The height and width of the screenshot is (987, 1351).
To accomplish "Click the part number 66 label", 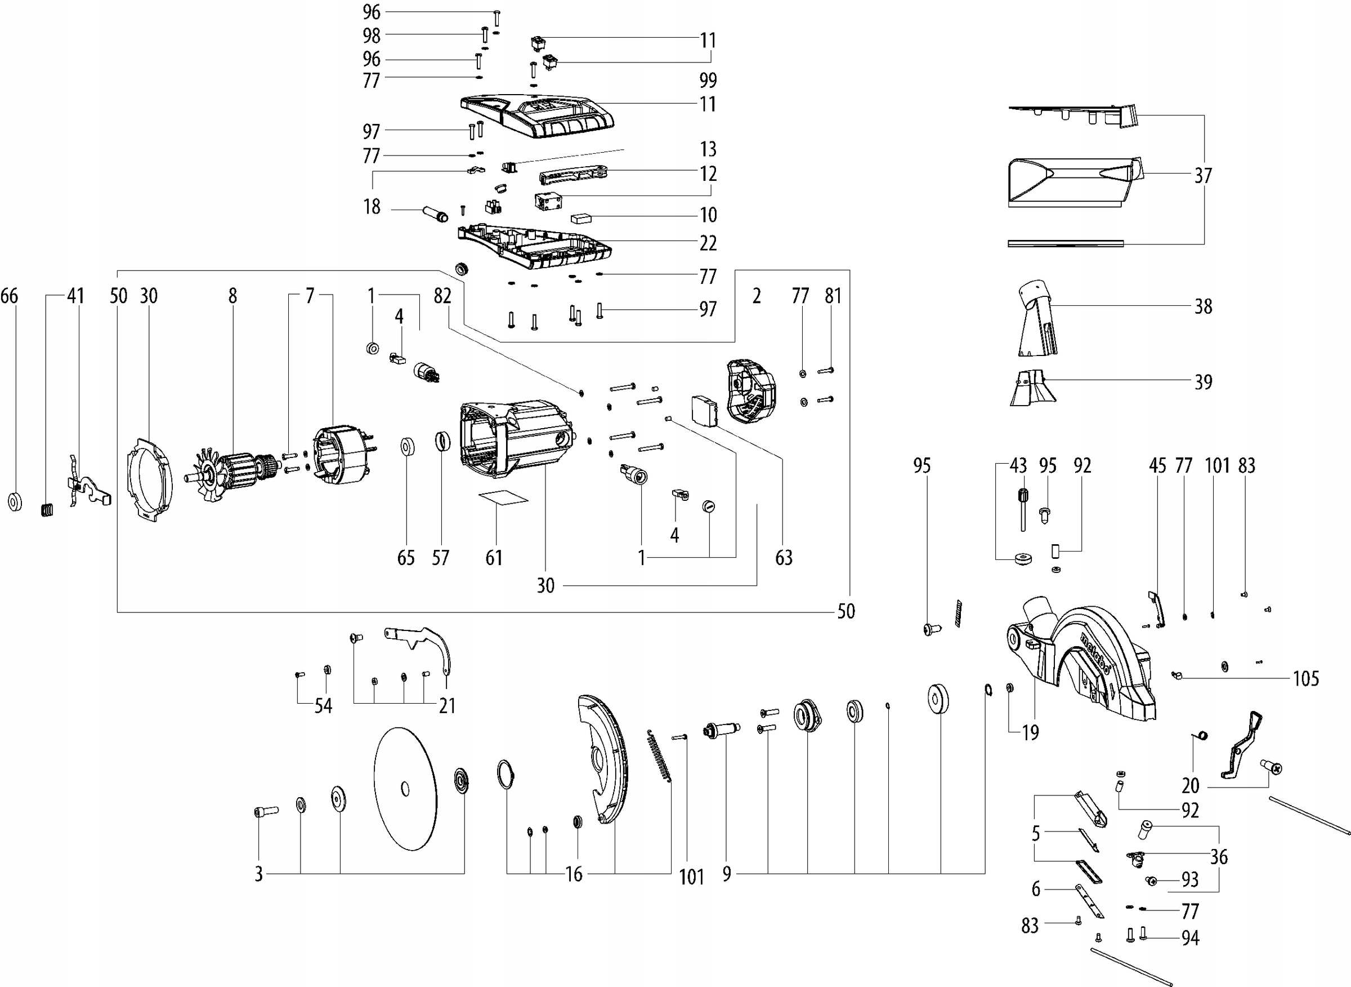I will click(9, 296).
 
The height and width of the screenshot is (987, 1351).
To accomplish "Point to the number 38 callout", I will click(1203, 306).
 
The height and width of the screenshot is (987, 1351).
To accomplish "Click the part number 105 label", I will click(1305, 678).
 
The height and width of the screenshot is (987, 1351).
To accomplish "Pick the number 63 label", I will click(783, 557).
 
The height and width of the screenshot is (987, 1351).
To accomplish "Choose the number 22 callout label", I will click(708, 243).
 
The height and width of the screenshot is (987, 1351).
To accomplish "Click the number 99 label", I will click(708, 80).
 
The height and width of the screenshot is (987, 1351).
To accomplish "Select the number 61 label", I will click(494, 557).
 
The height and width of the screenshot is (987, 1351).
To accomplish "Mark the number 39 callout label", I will click(1203, 382).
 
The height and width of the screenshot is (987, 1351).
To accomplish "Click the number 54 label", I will click(323, 705).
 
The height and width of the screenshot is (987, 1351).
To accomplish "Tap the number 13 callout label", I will click(708, 149).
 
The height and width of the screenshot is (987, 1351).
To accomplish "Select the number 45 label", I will click(1157, 465).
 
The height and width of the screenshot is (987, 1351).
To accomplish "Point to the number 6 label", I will click(1036, 889).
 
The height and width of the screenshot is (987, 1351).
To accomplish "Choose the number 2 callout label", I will click(757, 296).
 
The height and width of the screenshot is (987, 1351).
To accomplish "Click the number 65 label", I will click(406, 557).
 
